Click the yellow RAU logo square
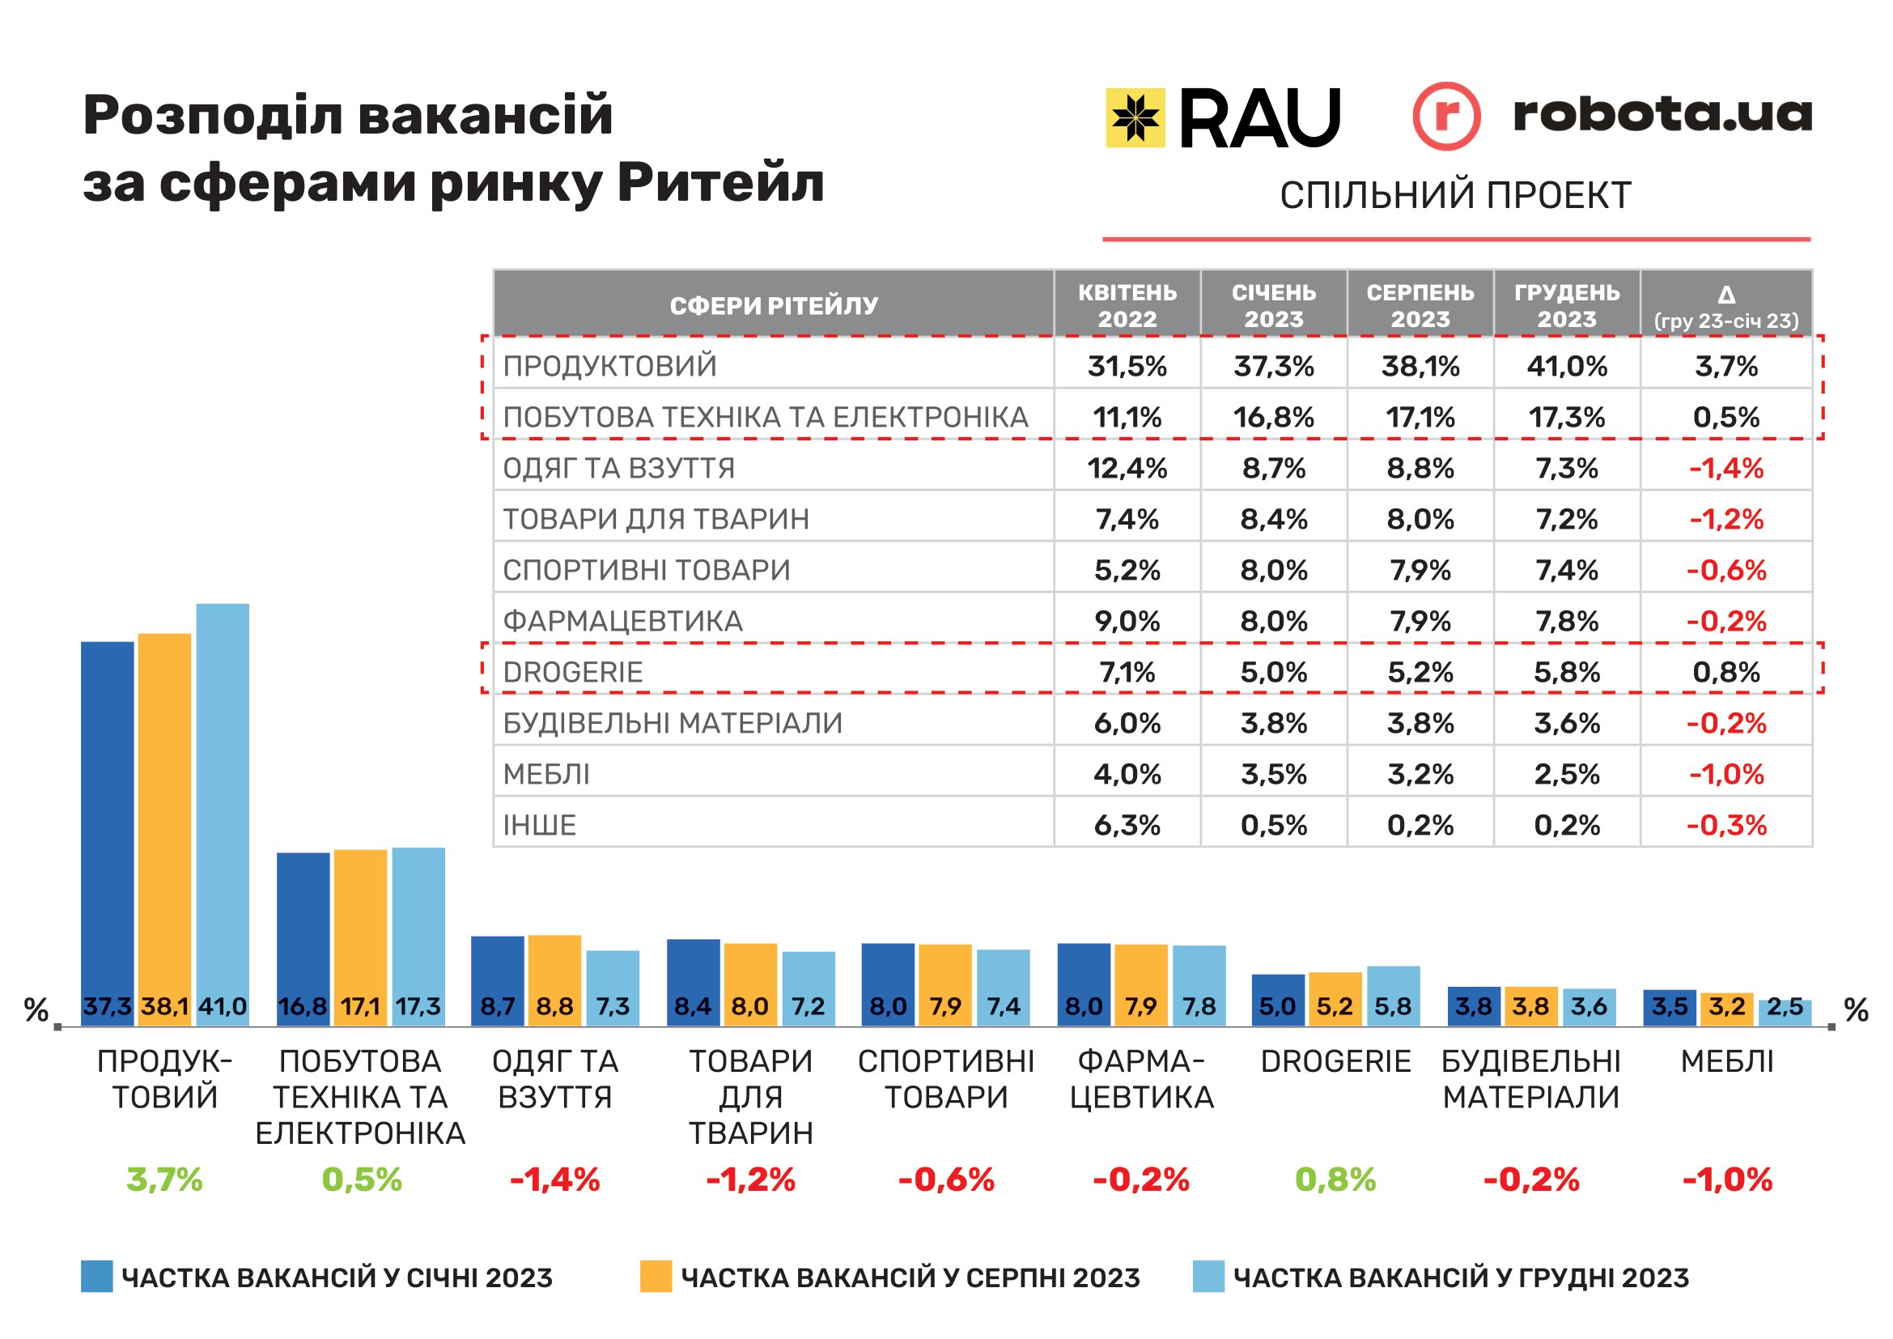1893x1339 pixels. point(1135,118)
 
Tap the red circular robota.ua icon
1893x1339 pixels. point(1446,117)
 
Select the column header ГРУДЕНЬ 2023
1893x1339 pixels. point(1567,305)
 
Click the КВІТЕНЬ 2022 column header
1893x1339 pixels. point(1127,305)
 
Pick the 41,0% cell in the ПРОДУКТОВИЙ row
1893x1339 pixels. point(1567,366)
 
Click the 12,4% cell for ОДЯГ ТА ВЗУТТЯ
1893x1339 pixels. point(1127,468)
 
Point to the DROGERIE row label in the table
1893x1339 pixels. point(573,672)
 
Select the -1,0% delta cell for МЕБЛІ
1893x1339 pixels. point(1726,774)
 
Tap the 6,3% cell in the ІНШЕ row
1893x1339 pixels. point(1127,825)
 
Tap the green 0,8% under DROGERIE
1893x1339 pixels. point(1335,1180)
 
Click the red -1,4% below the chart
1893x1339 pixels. point(555,1180)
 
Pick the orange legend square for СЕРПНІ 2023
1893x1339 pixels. point(656,1277)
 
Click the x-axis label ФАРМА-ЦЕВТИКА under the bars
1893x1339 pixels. point(1141,1079)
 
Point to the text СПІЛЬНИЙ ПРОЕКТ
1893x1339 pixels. point(1455,195)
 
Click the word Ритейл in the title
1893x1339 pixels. point(720,182)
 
